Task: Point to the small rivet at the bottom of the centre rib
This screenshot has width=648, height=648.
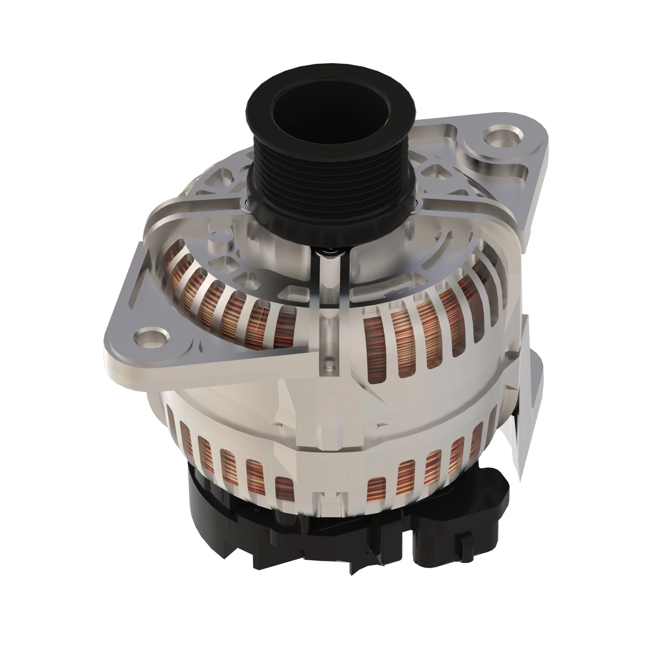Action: point(330,364)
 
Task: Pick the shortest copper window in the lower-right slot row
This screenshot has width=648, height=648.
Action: point(378,491)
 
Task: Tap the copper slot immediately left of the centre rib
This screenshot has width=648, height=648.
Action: point(283,327)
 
